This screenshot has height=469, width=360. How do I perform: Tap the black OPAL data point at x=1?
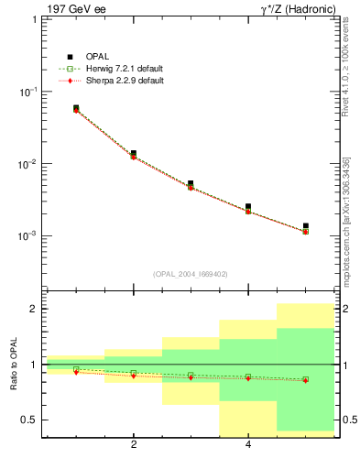76,108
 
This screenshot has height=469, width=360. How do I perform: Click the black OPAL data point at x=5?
305,225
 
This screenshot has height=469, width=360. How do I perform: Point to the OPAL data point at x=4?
248,207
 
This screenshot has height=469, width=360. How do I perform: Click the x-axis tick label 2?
134,446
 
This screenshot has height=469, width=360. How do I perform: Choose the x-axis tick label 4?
248,446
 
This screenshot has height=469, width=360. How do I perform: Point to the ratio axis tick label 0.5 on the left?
29,420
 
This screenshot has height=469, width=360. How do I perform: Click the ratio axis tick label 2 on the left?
34,309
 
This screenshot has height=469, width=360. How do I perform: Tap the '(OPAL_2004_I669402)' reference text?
191,273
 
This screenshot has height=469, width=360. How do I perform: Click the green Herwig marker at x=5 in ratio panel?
305,379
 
